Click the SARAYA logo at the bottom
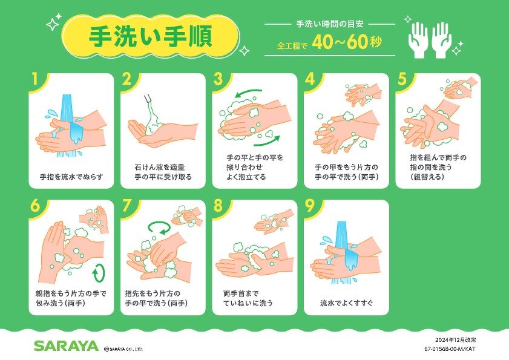(x=65, y=345)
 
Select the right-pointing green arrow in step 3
(x=267, y=141)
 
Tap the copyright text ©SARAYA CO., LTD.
(x=123, y=349)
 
